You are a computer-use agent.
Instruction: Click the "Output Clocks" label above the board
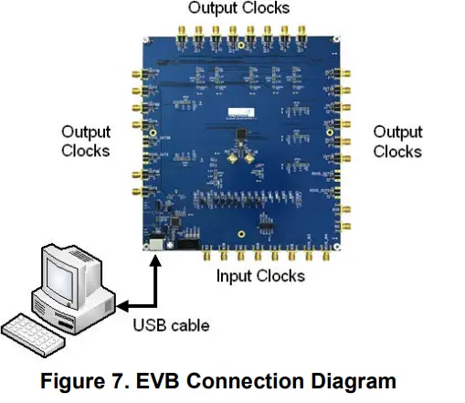[x=238, y=8]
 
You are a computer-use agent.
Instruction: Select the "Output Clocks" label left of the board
[x=86, y=142]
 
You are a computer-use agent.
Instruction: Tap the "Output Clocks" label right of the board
[x=397, y=142]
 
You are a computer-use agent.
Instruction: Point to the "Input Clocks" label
[x=259, y=275]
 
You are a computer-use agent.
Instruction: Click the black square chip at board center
[x=238, y=137]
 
